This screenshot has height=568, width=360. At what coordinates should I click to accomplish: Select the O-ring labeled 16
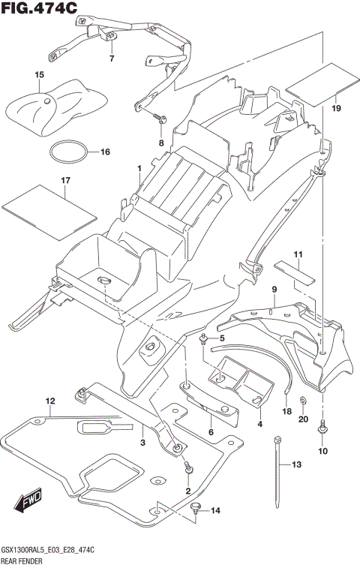67,152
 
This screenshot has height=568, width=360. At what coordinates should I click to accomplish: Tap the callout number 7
112,58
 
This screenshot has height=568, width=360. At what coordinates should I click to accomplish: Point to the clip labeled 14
196,509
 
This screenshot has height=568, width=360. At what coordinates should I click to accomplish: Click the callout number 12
50,401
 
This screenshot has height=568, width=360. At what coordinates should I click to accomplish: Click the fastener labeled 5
204,340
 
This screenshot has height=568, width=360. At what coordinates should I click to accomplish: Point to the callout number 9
274,289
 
